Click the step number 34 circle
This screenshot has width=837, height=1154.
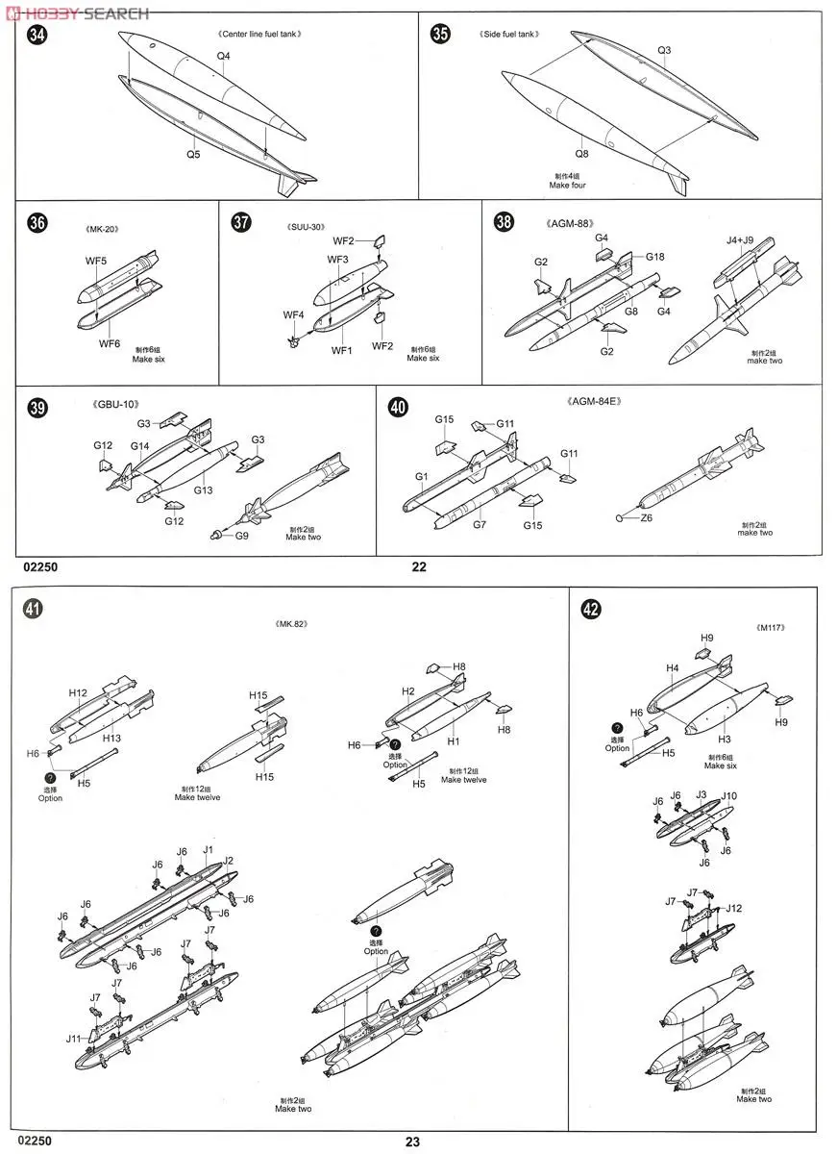[37, 37]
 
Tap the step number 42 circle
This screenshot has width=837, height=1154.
[593, 608]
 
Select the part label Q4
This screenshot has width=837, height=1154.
[223, 56]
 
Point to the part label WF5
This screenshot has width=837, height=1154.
[97, 262]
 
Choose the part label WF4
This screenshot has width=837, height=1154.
[293, 315]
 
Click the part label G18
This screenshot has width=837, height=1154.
[654, 257]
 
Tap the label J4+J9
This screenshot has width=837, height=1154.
[741, 242]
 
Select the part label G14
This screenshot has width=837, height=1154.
[140, 445]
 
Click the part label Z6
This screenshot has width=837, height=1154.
[647, 517]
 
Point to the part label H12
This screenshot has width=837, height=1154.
[78, 692]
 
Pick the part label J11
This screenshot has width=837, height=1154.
[74, 1039]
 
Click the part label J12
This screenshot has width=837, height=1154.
[733, 908]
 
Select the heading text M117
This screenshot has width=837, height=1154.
[771, 628]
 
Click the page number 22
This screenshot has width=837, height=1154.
[419, 566]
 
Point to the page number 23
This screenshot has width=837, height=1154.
[412, 1142]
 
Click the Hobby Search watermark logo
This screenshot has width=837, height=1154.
[77, 13]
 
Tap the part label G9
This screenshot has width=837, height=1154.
[241, 535]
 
